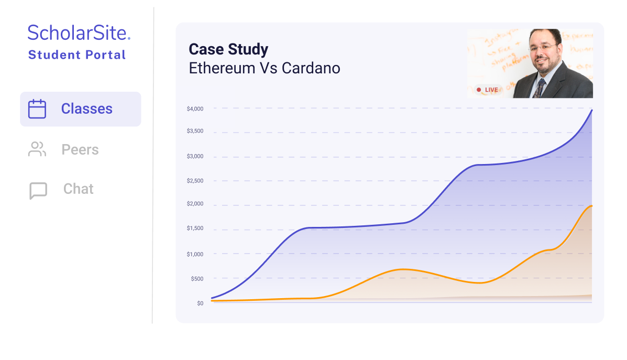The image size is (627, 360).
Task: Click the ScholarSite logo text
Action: click(x=79, y=33)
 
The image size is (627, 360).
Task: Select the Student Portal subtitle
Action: click(x=77, y=55)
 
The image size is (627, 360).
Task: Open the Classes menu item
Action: click(x=86, y=109)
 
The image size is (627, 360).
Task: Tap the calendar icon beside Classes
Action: click(x=37, y=109)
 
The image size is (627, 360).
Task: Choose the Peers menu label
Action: click(x=80, y=150)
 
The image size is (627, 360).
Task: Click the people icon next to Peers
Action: click(x=37, y=149)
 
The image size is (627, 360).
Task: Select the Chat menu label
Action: click(x=79, y=189)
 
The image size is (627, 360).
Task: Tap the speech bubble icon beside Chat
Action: click(x=38, y=191)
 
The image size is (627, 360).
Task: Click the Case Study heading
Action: click(x=228, y=49)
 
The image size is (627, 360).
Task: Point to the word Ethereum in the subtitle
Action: click(x=222, y=68)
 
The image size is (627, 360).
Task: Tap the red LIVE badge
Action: click(x=487, y=90)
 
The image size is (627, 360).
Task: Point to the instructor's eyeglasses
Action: click(x=543, y=48)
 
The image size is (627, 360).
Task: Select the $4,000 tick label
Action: click(x=195, y=109)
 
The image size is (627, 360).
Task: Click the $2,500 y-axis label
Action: click(x=195, y=181)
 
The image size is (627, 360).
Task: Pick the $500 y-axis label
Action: click(x=197, y=279)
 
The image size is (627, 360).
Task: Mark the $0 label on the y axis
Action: click(x=200, y=303)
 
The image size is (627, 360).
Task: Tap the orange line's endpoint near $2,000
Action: click(x=592, y=205)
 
